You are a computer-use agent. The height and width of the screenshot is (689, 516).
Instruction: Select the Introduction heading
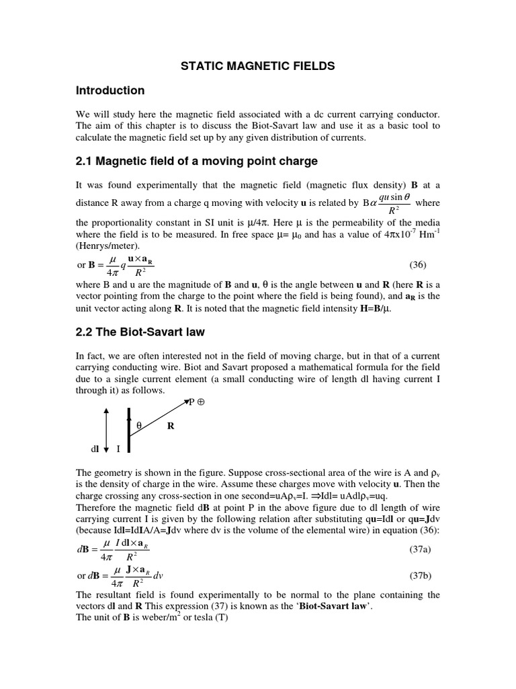110,91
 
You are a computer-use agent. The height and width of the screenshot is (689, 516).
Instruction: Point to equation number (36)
417,265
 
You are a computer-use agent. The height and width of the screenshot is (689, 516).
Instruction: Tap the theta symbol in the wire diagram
140,425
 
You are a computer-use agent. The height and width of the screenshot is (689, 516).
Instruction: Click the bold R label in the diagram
171,426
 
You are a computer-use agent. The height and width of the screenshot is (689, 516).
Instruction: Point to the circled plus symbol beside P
201,402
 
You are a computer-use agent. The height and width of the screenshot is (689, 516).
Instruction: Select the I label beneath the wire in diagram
118,448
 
